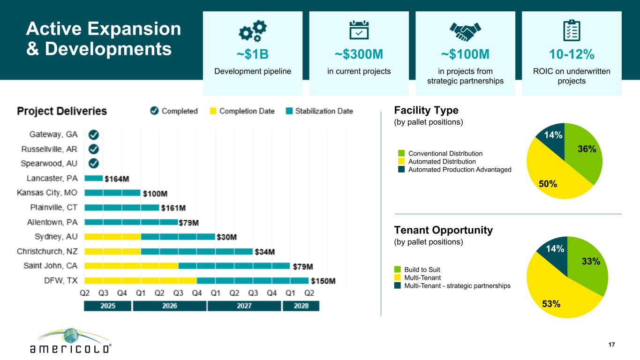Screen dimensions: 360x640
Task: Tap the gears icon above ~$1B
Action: pyautogui.click(x=253, y=31)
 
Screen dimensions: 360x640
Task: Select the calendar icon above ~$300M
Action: pyautogui.click(x=359, y=31)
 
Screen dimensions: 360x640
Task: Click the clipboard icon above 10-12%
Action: pyautogui.click(x=572, y=31)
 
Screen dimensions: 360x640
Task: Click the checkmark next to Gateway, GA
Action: pyautogui.click(x=94, y=135)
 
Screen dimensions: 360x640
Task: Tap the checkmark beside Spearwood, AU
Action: pyautogui.click(x=94, y=163)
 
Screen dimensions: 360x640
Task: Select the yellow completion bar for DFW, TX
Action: pyautogui.click(x=141, y=281)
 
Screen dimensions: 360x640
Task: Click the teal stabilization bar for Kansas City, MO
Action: pyautogui.click(x=113, y=193)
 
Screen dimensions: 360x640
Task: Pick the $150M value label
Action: pyautogui.click(x=324, y=281)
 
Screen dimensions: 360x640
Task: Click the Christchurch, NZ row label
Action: pyautogui.click(x=47, y=252)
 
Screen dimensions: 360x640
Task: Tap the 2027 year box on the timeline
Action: pyautogui.click(x=244, y=306)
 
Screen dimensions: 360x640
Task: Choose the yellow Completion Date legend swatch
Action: pyautogui.click(x=213, y=111)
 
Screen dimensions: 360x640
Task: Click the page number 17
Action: pyautogui.click(x=611, y=345)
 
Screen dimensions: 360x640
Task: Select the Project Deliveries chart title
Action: pyautogui.click(x=62, y=112)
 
